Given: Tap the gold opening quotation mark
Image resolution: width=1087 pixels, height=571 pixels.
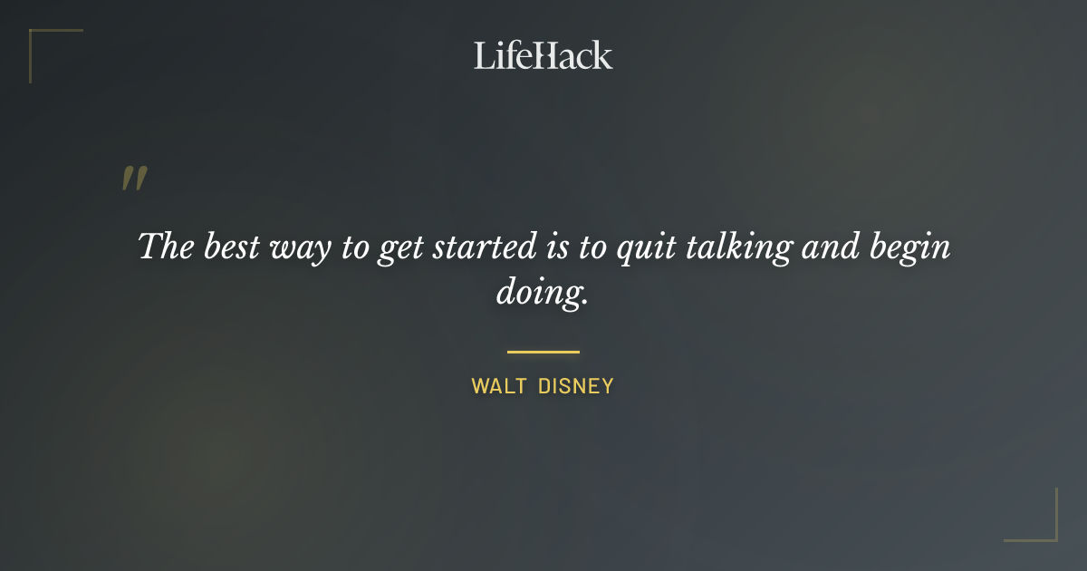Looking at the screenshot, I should [134, 179].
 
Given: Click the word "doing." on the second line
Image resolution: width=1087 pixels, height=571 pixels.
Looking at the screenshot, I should [543, 294].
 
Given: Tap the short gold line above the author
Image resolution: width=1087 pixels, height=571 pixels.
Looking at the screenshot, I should [543, 352].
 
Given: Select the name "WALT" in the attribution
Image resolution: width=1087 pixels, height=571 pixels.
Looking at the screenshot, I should [498, 386].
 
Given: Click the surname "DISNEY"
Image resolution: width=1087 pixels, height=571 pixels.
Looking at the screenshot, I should [576, 386].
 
